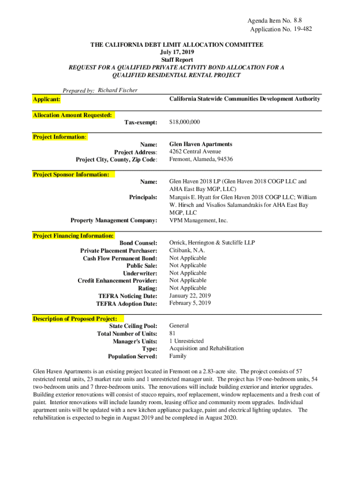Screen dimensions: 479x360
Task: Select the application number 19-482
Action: (302, 29)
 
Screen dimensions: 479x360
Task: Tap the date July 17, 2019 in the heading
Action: (177, 52)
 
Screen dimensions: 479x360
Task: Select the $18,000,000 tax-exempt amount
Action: (184, 122)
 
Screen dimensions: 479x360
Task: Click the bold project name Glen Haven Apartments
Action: (201, 145)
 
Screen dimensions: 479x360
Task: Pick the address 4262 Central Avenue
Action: (195, 152)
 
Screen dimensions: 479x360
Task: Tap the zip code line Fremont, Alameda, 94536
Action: (201, 160)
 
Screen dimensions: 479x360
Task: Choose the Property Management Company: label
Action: (114, 220)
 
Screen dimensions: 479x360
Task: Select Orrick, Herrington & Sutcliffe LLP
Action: (212, 243)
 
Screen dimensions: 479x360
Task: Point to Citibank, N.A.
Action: (187, 251)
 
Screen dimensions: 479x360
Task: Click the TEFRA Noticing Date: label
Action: (128, 296)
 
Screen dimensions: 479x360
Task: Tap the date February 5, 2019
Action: (190, 303)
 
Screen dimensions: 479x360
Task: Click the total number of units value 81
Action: (173, 334)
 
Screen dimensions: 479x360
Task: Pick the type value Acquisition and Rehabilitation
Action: (206, 348)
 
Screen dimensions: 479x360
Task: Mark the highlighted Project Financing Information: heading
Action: (73, 236)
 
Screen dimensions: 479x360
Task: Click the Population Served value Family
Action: (178, 356)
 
